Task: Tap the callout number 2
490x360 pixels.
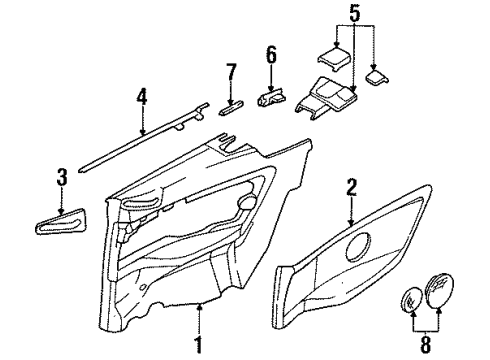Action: [351, 186]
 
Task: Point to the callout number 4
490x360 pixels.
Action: [141, 98]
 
